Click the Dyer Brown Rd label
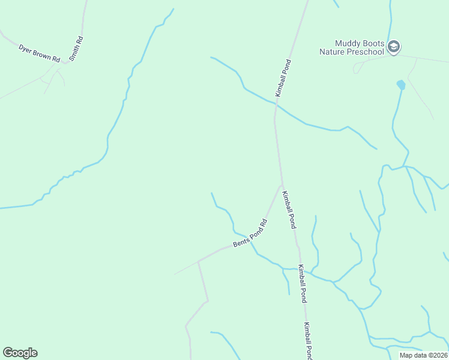point(40,52)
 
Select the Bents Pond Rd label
point(250,233)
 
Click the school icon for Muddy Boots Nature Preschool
point(394,47)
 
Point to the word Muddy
point(346,43)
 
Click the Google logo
point(20,353)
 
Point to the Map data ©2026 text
point(423,355)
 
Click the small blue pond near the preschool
point(400,85)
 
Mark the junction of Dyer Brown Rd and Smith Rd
point(68,62)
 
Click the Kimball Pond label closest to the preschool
point(283,78)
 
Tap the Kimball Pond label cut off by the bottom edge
point(307,341)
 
